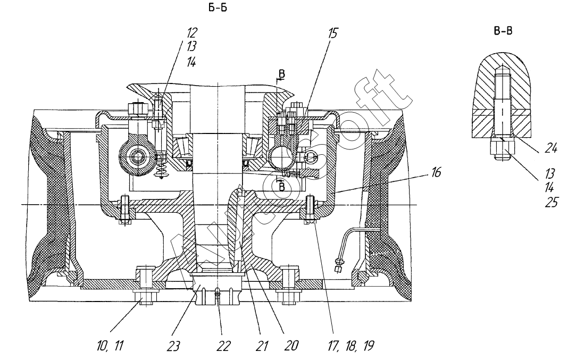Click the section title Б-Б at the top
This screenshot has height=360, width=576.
(218, 8)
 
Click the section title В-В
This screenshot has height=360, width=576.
(503, 31)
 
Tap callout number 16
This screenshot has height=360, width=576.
(436, 172)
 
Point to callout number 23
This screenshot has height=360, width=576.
(174, 346)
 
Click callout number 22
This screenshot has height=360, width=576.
(223, 346)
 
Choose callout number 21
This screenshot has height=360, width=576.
(262, 346)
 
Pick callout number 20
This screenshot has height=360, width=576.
(291, 346)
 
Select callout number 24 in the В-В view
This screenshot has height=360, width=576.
(551, 148)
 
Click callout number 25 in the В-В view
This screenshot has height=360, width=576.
(552, 203)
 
